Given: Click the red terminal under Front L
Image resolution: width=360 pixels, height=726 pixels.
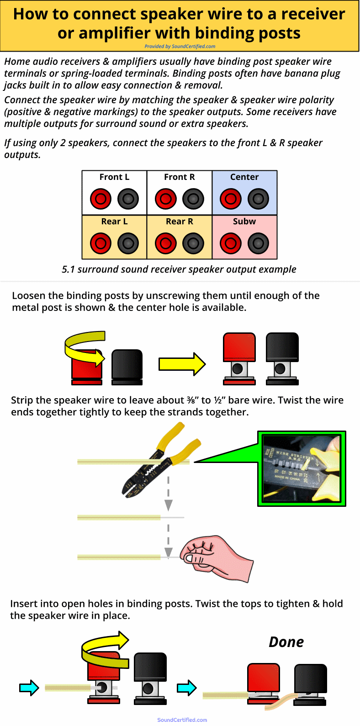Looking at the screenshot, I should click(x=101, y=199).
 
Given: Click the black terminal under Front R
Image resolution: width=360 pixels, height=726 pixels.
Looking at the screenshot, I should click(x=193, y=199).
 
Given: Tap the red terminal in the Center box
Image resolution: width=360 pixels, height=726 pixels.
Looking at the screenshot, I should click(x=231, y=199).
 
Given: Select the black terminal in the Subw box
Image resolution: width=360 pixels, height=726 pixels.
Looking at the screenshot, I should click(x=258, y=243).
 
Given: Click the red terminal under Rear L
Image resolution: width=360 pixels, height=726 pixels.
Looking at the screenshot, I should click(x=101, y=243).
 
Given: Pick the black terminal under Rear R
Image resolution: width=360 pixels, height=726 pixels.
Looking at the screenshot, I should click(x=193, y=243).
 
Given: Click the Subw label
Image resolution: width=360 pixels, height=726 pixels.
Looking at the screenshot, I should click(x=244, y=221).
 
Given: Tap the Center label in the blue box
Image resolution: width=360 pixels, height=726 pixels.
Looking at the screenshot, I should click(x=244, y=177).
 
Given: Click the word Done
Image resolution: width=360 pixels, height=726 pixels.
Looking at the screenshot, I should click(x=286, y=642).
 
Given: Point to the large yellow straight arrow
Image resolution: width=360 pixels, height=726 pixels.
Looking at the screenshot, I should click(x=182, y=364).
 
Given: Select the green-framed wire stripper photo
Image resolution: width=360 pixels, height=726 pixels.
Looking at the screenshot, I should click(x=302, y=468).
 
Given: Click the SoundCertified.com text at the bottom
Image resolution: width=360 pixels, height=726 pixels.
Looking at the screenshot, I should click(x=182, y=720).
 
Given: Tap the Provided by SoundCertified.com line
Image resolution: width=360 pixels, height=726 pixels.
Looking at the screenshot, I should click(x=180, y=46).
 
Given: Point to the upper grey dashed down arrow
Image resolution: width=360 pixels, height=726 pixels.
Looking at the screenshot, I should click(x=169, y=493).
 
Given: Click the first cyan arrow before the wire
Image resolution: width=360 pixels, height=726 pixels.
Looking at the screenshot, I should click(x=29, y=688).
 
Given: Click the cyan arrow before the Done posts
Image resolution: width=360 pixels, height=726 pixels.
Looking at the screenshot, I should click(x=186, y=688).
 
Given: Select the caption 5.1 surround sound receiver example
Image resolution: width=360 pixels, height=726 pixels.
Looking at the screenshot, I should click(x=179, y=269).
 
